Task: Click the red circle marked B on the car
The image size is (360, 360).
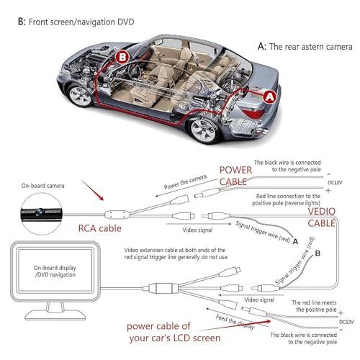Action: coord(122,57)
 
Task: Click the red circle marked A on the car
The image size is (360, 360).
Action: coord(270,97)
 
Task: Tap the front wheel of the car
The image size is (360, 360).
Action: coord(80,96)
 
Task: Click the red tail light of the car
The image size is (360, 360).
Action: coord(255,112)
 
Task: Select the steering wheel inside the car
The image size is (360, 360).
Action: coord(134,71)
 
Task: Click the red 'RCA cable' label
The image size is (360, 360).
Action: coord(100,228)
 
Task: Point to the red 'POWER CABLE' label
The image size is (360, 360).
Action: coord(235,176)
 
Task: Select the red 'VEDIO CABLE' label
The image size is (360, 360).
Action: coord(322,217)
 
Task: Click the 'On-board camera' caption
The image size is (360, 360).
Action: coord(42,186)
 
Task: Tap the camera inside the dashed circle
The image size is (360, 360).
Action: coord(41,213)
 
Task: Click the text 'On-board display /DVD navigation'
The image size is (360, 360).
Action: coord(55,271)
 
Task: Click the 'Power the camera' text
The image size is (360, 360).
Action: coord(185,182)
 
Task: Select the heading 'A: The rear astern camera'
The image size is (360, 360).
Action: coord(305,46)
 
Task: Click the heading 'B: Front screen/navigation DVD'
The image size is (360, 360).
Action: coord(76,22)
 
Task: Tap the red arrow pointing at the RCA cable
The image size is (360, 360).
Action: coord(92,190)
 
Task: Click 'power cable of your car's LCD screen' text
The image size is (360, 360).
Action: coord(174,332)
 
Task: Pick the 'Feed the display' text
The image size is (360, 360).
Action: coord(235,322)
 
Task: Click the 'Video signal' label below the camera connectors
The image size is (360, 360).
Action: coord(197,230)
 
